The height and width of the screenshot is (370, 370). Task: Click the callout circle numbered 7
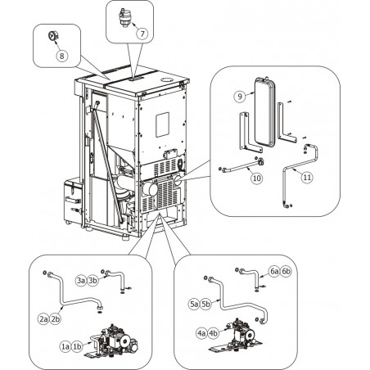pyautogui.click(x=142, y=34)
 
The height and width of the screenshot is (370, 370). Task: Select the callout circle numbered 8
pyautogui.click(x=62, y=56)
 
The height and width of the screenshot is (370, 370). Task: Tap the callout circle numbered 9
pyautogui.click(x=240, y=97)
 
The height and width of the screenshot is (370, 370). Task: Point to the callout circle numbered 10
pyautogui.click(x=257, y=178)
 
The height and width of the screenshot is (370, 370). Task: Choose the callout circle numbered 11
pyautogui.click(x=307, y=178)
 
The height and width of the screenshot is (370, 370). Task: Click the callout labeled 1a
pyautogui.click(x=65, y=346)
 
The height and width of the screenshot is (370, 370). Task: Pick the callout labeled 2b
pyautogui.click(x=55, y=318)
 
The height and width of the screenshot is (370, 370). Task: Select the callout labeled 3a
pyautogui.click(x=81, y=281)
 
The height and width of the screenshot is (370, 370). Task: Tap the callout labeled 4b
pyautogui.click(x=213, y=333)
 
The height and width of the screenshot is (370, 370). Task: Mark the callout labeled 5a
pyautogui.click(x=194, y=304)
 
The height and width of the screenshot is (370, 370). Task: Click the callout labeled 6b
pyautogui.click(x=286, y=272)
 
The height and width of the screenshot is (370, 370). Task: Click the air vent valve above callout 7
pyautogui.click(x=124, y=18)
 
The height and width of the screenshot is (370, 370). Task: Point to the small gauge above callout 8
pyautogui.click(x=53, y=36)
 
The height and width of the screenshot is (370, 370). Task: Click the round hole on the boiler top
pyautogui.click(x=167, y=80)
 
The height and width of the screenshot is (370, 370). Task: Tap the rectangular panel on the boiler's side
pyautogui.click(x=162, y=124)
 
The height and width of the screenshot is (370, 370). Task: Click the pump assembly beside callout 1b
pyautogui.click(x=114, y=341)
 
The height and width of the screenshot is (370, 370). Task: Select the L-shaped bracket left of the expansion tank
pyautogui.click(x=250, y=133)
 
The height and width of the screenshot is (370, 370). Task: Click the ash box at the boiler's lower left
pyautogui.click(x=71, y=201)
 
